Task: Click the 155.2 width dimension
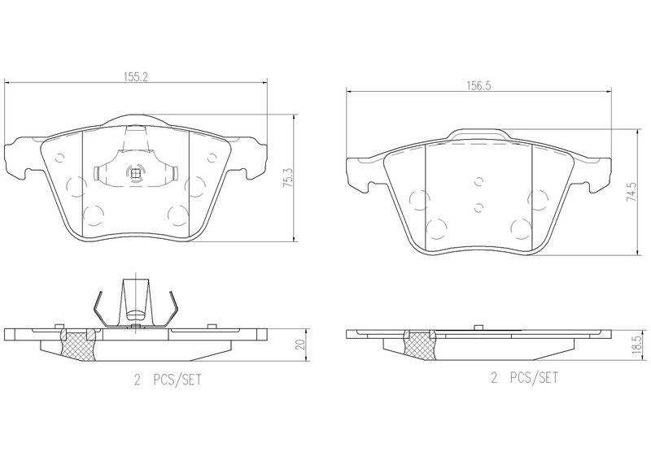coord(136,76)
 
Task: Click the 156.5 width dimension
coord(478,85)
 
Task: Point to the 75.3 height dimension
coord(288,178)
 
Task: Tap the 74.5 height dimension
coord(630,192)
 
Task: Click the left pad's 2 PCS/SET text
coord(168,380)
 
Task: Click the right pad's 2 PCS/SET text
coord(524,378)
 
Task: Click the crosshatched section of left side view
coord(77,345)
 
